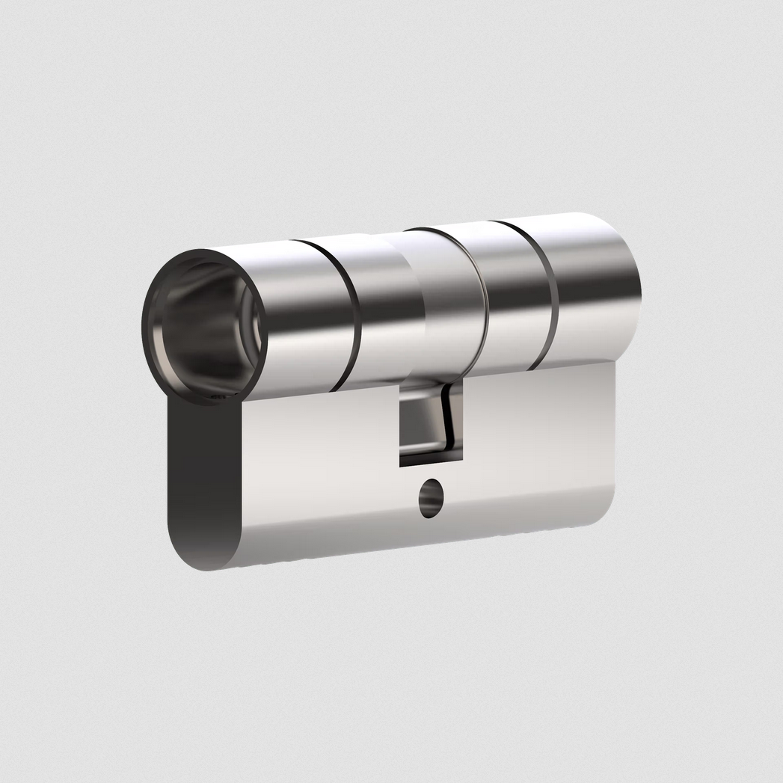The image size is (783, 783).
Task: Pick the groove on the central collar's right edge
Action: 483,299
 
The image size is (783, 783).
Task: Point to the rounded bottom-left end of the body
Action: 194,553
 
